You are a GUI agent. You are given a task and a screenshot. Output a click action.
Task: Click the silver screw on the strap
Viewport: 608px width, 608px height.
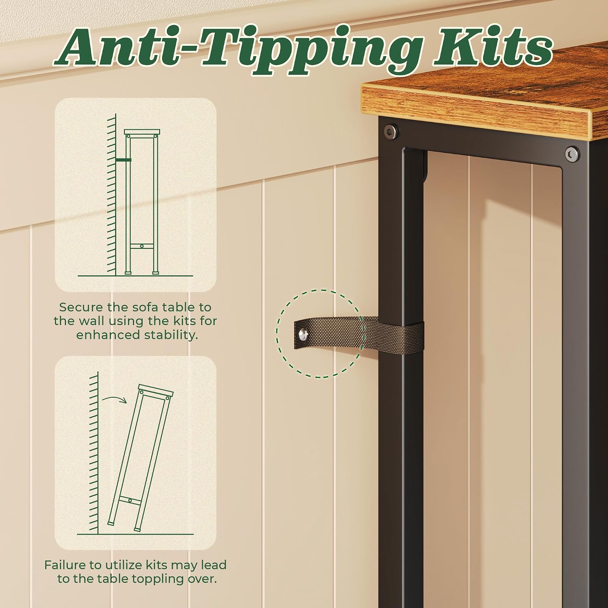pos(304,334)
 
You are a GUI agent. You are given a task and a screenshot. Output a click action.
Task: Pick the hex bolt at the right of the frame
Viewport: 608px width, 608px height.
pos(572,154)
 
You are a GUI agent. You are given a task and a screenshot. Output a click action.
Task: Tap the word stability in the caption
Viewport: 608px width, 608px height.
pos(174,335)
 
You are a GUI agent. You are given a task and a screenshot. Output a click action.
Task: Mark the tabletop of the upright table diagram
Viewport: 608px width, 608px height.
pos(142,132)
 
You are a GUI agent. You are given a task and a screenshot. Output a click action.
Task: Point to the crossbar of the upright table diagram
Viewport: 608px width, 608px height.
pos(142,246)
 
